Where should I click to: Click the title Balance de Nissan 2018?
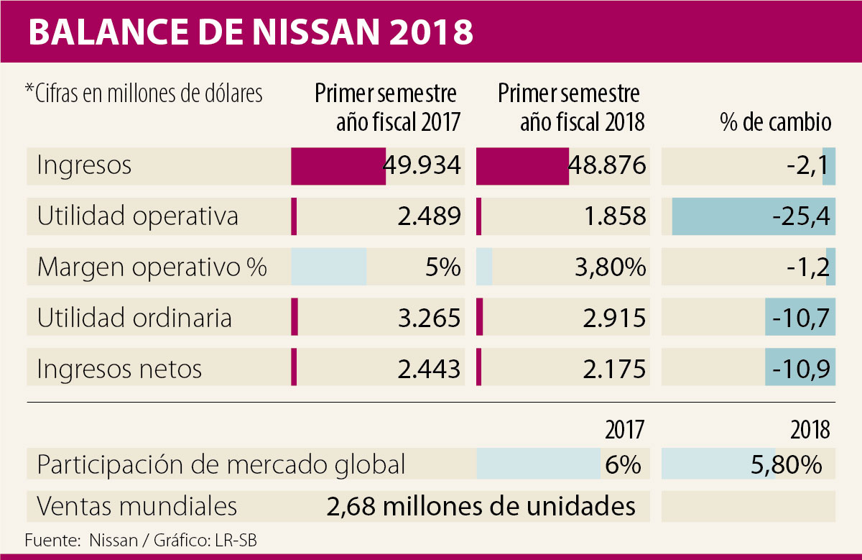tap(251, 32)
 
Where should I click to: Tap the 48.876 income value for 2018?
tap(608, 166)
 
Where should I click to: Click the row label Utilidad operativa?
tap(137, 216)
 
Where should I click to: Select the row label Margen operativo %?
tap(152, 267)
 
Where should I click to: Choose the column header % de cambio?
tap(775, 123)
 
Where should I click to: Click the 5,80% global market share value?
tap(785, 464)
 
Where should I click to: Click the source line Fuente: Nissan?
tap(140, 540)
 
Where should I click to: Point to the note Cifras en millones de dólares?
tap(143, 94)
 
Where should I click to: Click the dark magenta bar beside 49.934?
tap(338, 166)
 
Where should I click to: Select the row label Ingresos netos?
tap(119, 369)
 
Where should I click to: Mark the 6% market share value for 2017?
tap(621, 464)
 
